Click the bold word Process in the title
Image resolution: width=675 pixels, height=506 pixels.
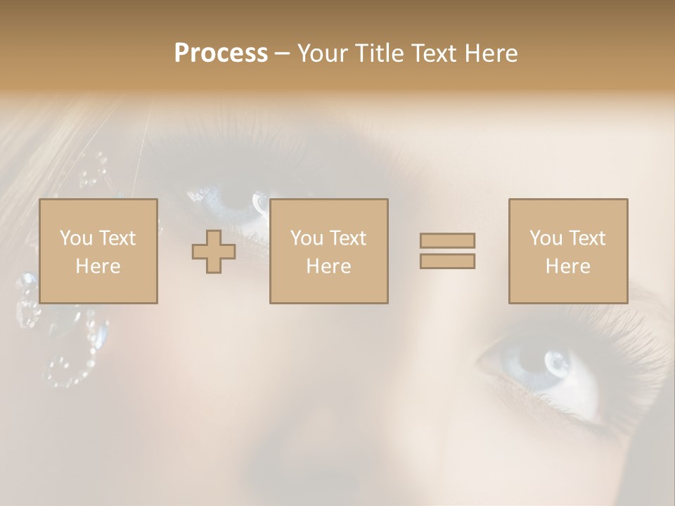(221, 53)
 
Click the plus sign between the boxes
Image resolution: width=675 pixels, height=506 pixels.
(214, 251)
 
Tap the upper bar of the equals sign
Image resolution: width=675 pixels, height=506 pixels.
(447, 240)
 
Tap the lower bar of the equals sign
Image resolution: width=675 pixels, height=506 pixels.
(447, 261)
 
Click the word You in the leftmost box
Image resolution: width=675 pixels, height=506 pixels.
(76, 238)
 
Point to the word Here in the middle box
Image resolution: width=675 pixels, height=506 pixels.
(328, 266)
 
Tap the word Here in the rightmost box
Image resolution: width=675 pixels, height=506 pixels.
(568, 266)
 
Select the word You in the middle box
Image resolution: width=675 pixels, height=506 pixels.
(307, 238)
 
